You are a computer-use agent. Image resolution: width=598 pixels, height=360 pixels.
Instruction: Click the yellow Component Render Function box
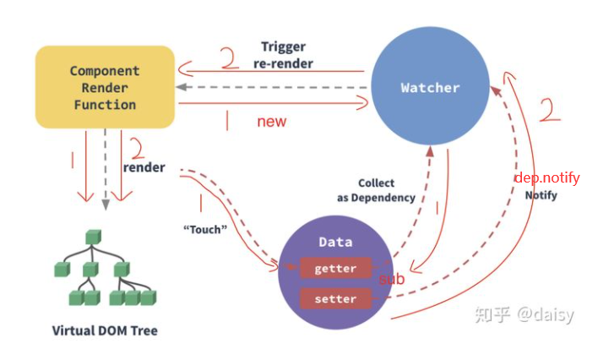point(105,87)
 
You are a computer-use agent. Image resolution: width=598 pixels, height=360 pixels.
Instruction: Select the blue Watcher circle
point(430,88)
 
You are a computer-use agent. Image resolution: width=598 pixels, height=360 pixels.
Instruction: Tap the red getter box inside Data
point(335,268)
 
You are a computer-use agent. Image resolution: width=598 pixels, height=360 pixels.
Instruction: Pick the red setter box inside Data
point(335,298)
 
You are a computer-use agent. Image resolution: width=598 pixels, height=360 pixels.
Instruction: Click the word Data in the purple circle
point(335,242)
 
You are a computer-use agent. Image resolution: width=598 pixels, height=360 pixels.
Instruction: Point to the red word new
point(272,122)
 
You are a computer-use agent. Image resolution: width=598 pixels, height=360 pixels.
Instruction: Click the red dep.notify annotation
point(547,177)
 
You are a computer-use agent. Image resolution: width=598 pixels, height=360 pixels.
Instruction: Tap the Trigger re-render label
point(283,55)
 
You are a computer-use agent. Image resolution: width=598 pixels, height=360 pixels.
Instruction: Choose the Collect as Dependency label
point(376,190)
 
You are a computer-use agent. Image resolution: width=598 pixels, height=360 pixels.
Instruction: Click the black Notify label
point(541,194)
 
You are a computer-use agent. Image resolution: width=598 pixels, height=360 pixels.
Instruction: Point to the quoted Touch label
point(205,228)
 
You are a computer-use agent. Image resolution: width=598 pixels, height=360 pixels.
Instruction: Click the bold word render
point(144,166)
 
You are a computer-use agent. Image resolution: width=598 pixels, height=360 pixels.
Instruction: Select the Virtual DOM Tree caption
point(105,330)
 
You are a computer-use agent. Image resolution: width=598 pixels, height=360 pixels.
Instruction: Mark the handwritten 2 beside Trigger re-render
point(229,60)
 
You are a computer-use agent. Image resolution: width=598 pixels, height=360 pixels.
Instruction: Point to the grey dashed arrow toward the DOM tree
point(106,169)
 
